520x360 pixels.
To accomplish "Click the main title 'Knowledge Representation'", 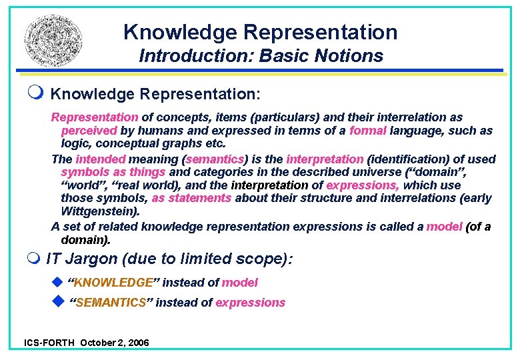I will (260, 31).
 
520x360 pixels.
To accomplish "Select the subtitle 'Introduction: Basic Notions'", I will (261, 56).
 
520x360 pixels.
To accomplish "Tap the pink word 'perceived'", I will (89, 131).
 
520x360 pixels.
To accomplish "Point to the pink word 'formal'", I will (367, 131).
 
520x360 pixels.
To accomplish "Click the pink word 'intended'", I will (101, 159).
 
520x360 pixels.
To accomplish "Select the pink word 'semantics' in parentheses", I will (215, 159).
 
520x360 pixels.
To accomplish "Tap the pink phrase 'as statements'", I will (191, 198).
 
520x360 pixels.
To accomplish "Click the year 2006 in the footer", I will (137, 343).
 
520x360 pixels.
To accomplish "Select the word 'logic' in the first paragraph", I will (75, 143).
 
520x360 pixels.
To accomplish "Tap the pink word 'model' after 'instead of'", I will (239, 283).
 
